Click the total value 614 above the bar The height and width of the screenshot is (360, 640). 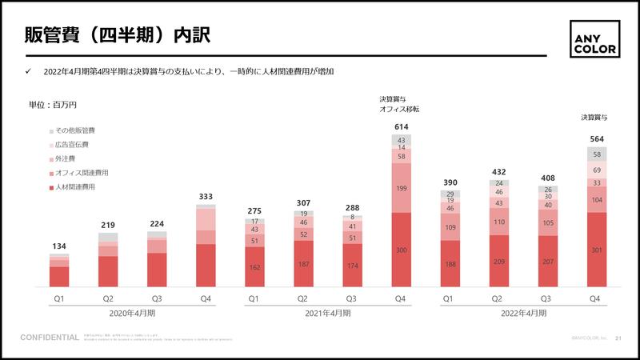point(401,127)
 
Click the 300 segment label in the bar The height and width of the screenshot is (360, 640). point(401,250)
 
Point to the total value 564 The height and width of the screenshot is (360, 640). point(595,139)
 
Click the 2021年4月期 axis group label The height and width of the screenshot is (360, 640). point(327,313)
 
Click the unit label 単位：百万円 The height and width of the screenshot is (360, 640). point(53,105)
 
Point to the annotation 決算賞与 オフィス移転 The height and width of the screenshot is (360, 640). point(399,104)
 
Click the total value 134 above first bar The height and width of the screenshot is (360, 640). point(59,246)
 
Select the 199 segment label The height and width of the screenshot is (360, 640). point(401,189)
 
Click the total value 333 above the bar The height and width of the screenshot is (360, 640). point(206,197)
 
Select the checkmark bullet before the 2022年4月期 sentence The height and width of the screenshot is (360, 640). point(28,72)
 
